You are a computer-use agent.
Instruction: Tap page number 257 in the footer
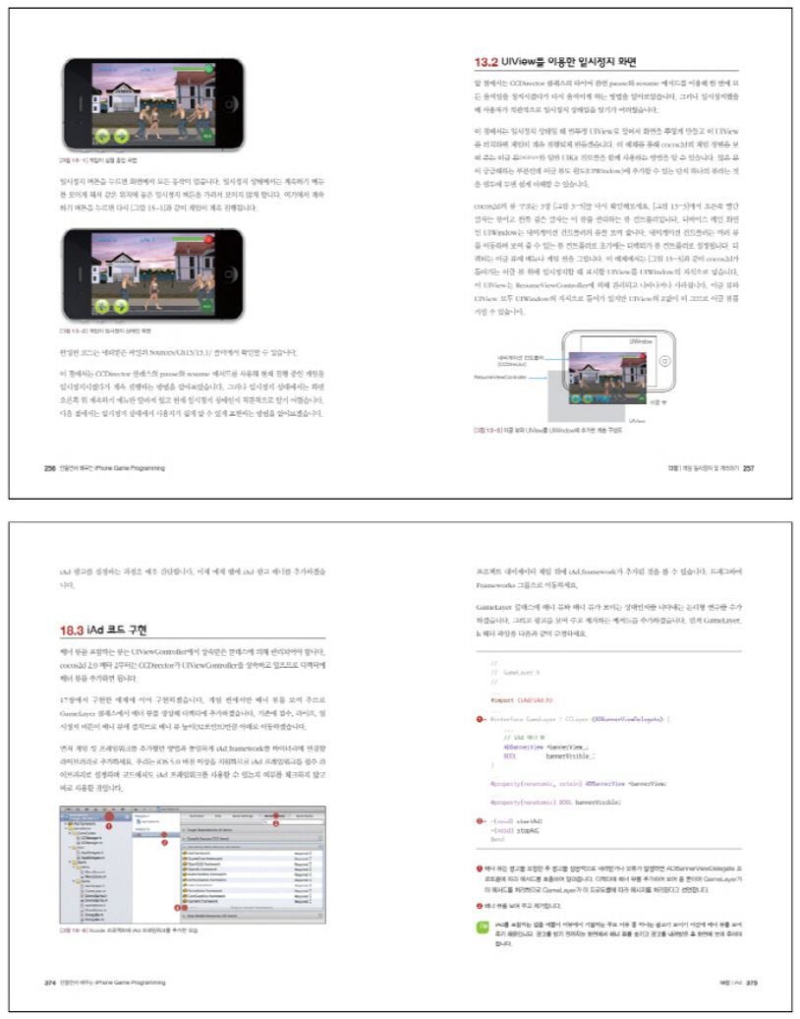pos(748,467)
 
